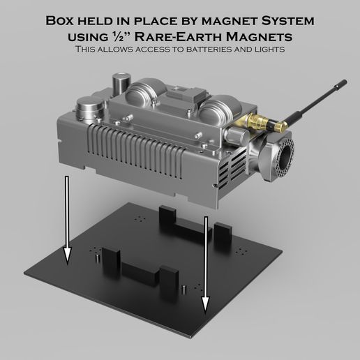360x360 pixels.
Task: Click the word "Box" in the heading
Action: pyautogui.click(x=60, y=20)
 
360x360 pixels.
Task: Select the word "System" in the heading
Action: pyautogui.click(x=287, y=21)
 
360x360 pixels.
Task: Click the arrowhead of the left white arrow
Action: pyautogui.click(x=67, y=256)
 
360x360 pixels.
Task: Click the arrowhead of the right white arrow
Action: pyautogui.click(x=205, y=303)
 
